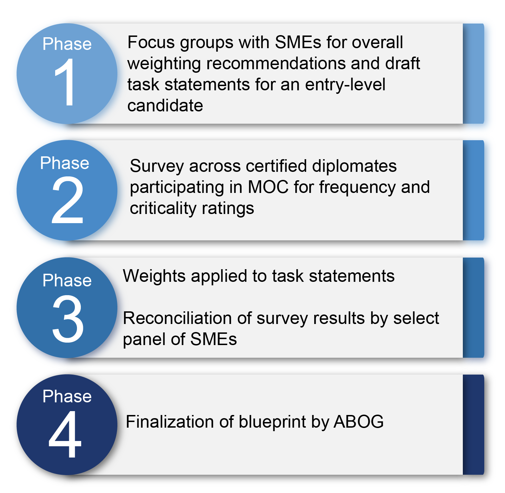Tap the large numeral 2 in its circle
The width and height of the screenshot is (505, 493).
pyautogui.click(x=67, y=200)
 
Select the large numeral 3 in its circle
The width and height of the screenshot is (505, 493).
pyautogui.click(x=68, y=318)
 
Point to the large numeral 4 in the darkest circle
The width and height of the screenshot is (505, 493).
pyautogui.click(x=65, y=434)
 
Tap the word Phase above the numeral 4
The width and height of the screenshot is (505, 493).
pyautogui.click(x=67, y=396)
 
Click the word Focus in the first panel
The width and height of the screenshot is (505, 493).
pyautogui.click(x=151, y=42)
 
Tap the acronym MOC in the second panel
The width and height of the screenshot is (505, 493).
pyautogui.click(x=268, y=187)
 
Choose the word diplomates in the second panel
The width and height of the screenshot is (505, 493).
pyautogui.click(x=355, y=166)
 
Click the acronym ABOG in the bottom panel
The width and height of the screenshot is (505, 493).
pyautogui.click(x=359, y=422)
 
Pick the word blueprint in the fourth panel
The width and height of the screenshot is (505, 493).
pyautogui.click(x=272, y=422)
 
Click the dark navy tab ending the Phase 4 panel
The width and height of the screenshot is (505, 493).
pyautogui.click(x=474, y=425)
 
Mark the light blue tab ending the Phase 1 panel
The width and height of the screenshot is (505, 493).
pyautogui.click(x=474, y=74)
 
